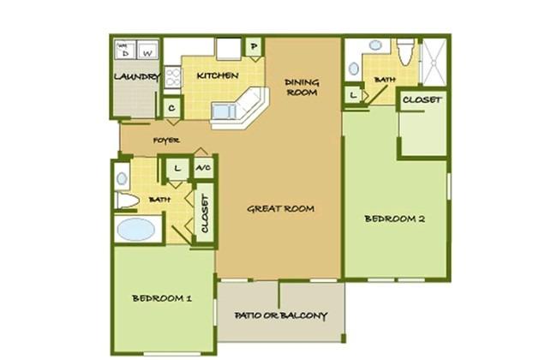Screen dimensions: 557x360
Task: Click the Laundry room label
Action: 136,77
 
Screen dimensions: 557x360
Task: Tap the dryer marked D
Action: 124,50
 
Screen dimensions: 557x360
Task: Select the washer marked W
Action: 147,50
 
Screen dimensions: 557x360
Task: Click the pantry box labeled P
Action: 254,46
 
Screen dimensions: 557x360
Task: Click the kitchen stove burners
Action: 172,78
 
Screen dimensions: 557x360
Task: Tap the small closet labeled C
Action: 172,108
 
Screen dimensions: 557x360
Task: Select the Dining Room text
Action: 302,87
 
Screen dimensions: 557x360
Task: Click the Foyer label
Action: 166,141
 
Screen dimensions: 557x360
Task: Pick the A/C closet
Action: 204,168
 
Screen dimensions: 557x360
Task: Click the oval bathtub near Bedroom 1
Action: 136,229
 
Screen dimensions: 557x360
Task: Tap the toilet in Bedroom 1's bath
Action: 127,201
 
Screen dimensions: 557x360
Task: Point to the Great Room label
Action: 280,208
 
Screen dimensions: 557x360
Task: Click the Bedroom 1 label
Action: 162,298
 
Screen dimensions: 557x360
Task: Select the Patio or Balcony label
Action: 280,315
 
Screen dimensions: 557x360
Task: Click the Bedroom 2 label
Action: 395,219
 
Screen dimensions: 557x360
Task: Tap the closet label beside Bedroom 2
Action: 422,100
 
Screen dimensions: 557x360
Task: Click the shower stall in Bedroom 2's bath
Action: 434,63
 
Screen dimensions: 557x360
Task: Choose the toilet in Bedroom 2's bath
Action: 405,52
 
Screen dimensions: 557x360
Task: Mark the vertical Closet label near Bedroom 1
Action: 205,213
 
